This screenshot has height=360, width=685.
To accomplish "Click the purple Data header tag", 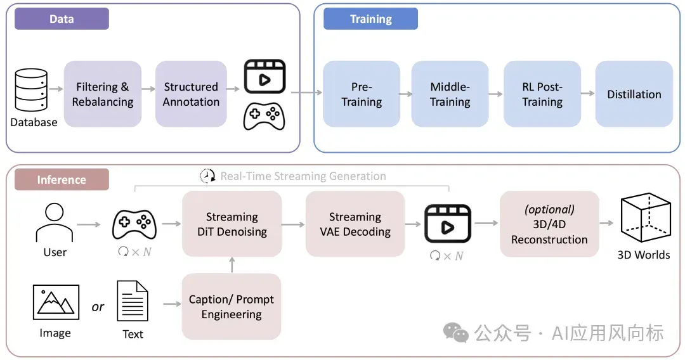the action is tap(62, 19).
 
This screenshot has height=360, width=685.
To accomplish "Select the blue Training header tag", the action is tap(370, 19).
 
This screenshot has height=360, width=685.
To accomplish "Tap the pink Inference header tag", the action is tap(62, 179).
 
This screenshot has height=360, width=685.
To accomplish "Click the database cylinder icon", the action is tap(31, 90).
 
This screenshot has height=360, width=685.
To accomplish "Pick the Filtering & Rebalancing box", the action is tap(103, 94).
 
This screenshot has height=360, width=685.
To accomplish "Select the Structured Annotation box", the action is tap(191, 94).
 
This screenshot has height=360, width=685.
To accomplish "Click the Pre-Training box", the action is tap(362, 94).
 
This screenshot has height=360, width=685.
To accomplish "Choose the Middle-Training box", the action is tap(450, 94).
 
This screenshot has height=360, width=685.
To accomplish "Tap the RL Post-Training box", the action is tap(542, 94).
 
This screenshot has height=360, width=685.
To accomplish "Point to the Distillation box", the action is tap(634, 94).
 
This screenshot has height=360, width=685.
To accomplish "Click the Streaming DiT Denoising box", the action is tap(232, 224).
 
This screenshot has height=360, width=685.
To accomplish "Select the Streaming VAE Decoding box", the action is tap(355, 224).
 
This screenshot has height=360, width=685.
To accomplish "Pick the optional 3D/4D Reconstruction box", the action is tap(549, 224).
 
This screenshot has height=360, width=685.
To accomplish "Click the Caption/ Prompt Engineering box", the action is tap(232, 306).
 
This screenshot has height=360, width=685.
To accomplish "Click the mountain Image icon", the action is tap(56, 302).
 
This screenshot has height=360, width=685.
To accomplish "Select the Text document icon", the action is tap(133, 301).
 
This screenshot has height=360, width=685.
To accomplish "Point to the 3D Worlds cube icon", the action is tap(646, 217).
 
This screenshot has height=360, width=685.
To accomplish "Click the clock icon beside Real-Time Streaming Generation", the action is tap(207, 176).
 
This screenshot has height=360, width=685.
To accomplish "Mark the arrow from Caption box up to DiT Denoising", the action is tap(232, 265).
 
